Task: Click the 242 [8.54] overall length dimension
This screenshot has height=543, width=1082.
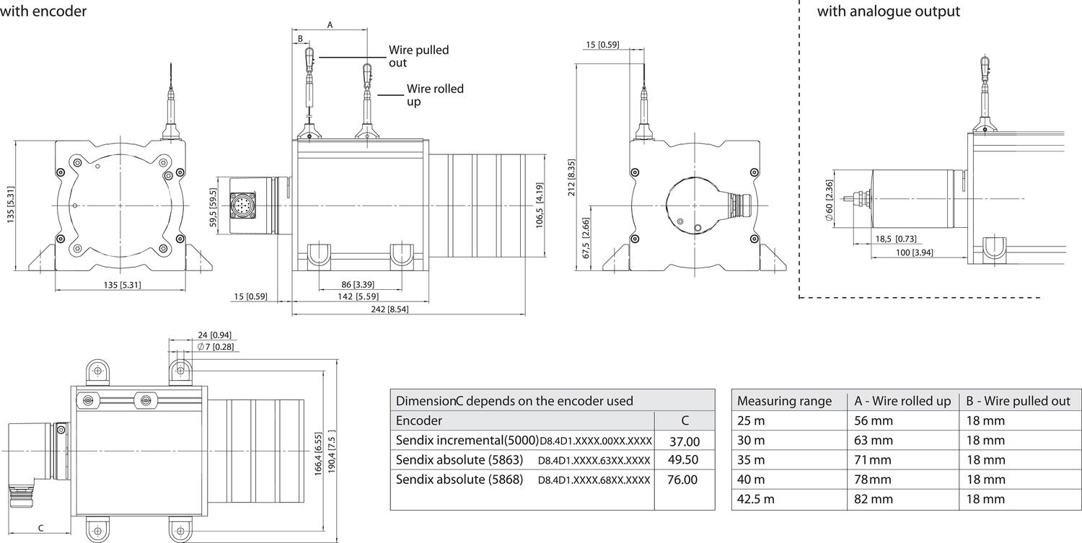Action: [x=390, y=309]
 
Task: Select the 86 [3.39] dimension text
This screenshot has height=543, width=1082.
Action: [x=358, y=285]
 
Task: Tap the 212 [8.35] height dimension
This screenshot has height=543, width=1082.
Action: [x=571, y=177]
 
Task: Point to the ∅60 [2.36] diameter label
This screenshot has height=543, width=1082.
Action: [x=829, y=200]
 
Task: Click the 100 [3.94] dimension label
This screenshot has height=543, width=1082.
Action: [x=915, y=252]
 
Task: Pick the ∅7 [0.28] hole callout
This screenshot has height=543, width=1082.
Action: [x=216, y=347]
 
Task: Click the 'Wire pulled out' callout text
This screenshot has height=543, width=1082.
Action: [x=419, y=56]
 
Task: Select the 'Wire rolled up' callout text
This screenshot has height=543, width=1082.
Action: [x=435, y=95]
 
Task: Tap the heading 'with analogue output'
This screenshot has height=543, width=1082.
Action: [x=888, y=11]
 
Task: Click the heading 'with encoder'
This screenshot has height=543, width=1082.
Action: [x=43, y=11]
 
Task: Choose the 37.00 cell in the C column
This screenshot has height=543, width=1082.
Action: [x=685, y=441]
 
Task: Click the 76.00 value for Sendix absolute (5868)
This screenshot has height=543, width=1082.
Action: [x=682, y=480]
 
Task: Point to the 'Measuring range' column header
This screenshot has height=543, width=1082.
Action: [x=785, y=401]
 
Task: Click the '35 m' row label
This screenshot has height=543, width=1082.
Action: [x=751, y=460]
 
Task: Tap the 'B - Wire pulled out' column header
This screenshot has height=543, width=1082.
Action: [x=1019, y=401]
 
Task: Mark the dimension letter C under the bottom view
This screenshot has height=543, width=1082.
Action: [x=40, y=528]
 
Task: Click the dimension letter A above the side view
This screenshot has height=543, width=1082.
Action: [x=330, y=25]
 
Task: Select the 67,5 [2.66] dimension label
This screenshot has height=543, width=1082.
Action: [x=586, y=238]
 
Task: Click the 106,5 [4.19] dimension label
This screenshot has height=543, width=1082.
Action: [x=540, y=206]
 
